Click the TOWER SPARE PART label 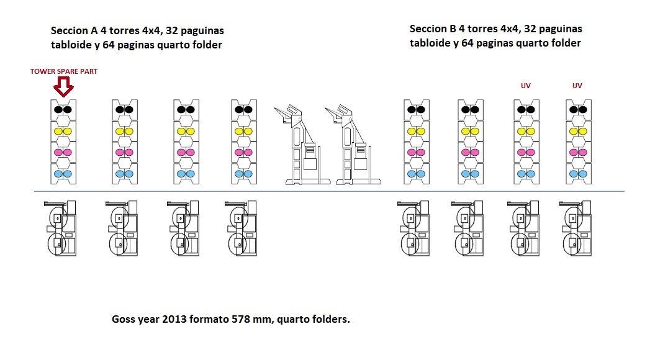[x=64, y=71]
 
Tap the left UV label [x=526, y=86]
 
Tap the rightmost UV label [x=577, y=86]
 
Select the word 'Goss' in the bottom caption [x=124, y=320]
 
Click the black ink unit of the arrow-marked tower [x=63, y=109]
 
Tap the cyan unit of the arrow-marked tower [x=63, y=174]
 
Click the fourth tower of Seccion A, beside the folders [x=244, y=142]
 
